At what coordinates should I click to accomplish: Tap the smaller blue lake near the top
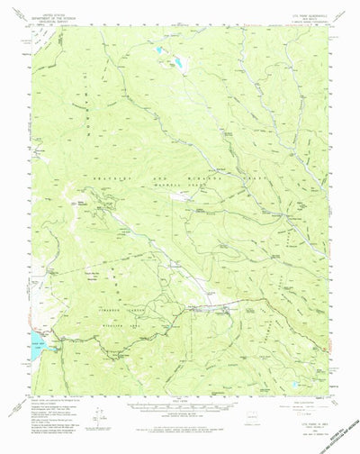160,51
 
